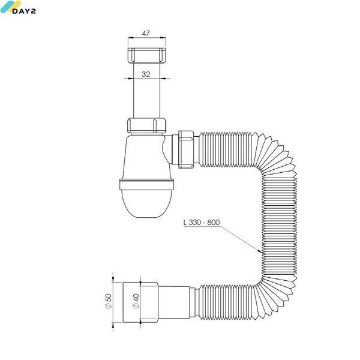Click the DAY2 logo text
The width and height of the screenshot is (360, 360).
click(24, 11)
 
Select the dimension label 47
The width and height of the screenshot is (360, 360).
click(146, 34)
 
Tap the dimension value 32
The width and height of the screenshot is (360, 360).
click(146, 74)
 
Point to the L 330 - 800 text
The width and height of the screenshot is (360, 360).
click(202, 222)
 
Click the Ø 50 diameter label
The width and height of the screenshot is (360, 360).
click(109, 301)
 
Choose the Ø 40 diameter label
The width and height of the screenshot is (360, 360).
click(136, 301)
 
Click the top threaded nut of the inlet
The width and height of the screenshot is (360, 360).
click(146, 55)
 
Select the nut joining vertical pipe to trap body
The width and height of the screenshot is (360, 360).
click(146, 125)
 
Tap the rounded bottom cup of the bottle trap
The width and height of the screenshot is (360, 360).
click(146, 203)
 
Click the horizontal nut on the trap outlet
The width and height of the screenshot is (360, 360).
click(186, 149)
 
